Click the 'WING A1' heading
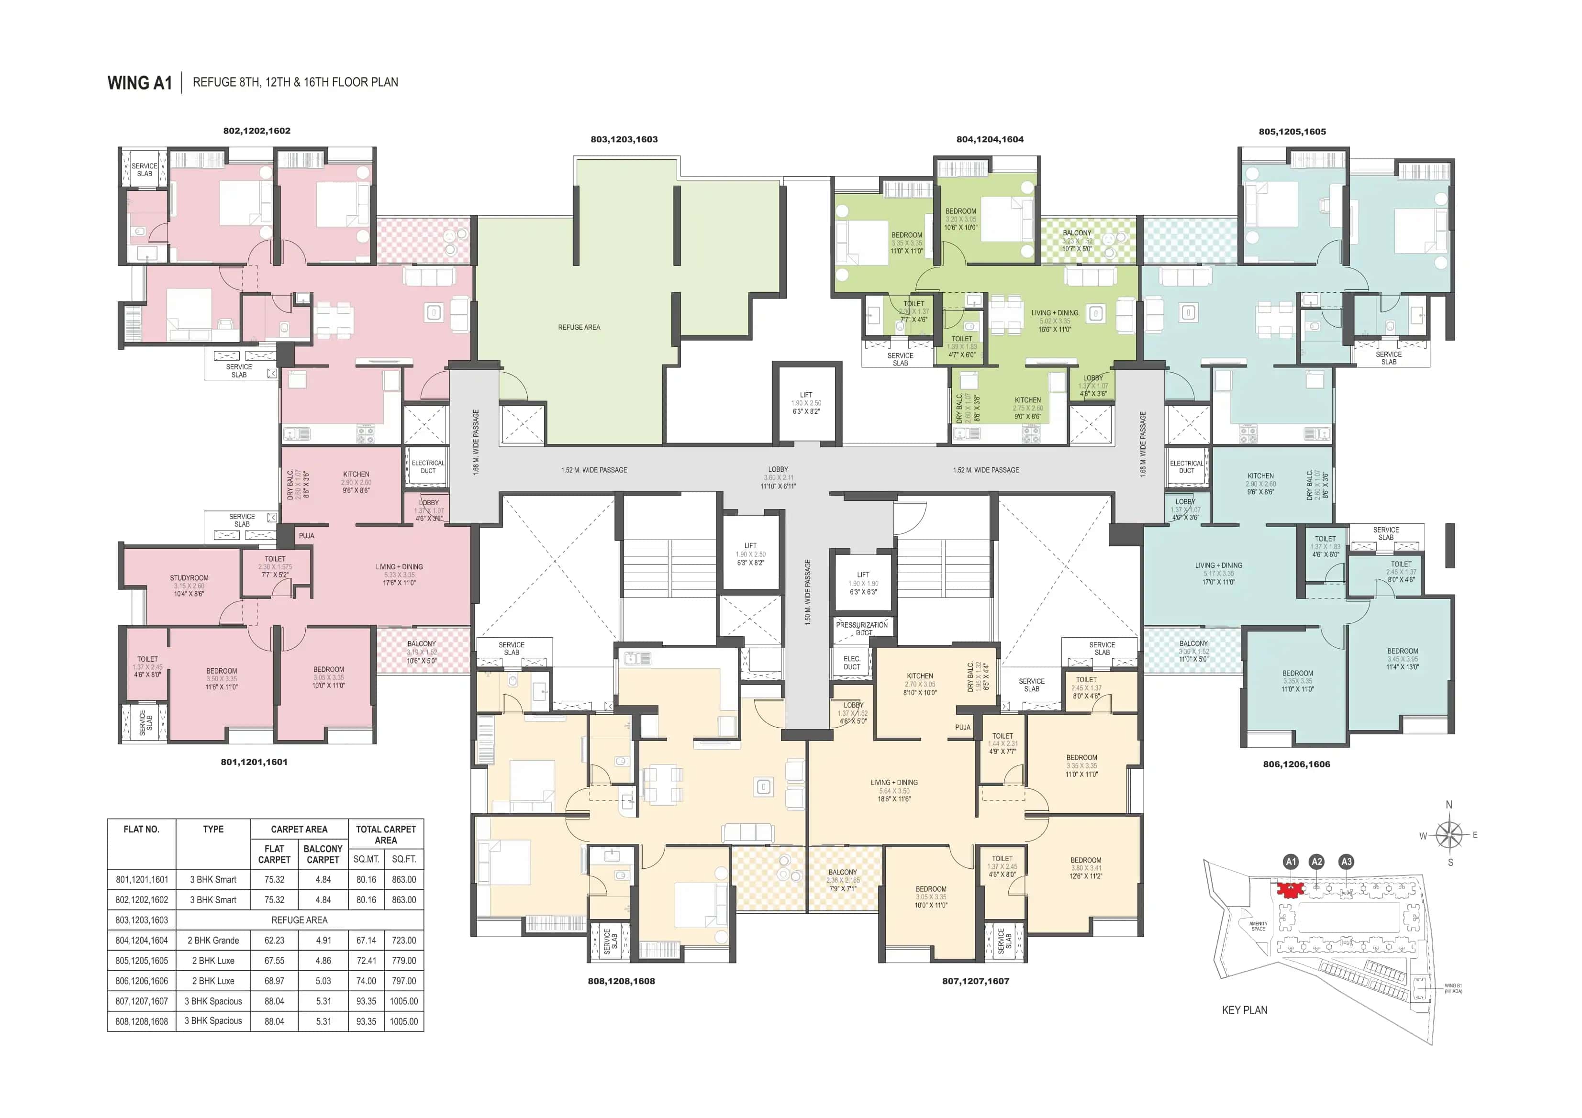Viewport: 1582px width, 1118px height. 139,83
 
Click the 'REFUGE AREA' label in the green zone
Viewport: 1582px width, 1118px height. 579,327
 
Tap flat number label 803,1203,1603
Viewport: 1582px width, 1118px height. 624,139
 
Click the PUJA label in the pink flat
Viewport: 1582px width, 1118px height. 307,536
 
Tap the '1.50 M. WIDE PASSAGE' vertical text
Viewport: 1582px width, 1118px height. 808,592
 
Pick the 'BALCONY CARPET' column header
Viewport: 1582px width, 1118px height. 323,854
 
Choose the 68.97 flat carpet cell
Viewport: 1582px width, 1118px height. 274,981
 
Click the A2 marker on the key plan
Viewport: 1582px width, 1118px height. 1317,862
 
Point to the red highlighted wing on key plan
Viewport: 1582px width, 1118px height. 1289,889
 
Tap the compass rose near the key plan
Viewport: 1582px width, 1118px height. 1450,835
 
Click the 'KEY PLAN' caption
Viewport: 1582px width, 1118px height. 1244,1010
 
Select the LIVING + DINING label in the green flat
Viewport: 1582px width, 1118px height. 1054,313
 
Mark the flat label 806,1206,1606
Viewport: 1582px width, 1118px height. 1296,764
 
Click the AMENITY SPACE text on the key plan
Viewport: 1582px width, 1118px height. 1258,926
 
